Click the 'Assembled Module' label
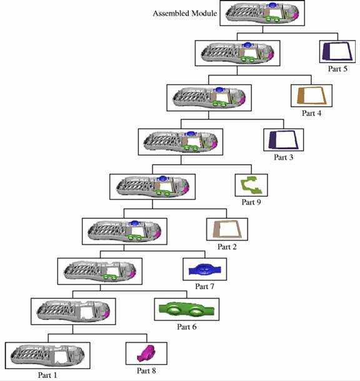coord(185,13)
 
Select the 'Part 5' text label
coord(337,69)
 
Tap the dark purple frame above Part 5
coord(324,51)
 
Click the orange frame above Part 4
coord(301,96)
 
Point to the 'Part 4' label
coord(311,113)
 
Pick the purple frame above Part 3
coord(271,140)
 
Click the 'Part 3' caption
coord(283,157)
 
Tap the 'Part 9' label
coord(251,202)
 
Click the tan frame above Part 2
coord(215,229)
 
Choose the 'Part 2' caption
coord(227,247)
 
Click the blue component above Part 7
coord(204,270)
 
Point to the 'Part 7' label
coord(204,286)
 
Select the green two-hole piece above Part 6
coord(187,309)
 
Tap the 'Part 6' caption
coord(187,327)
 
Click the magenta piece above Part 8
coord(146,354)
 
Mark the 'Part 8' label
coord(146,370)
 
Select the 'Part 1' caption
coord(47,375)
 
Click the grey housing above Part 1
coord(47,355)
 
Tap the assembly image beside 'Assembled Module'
coord(262,13)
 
